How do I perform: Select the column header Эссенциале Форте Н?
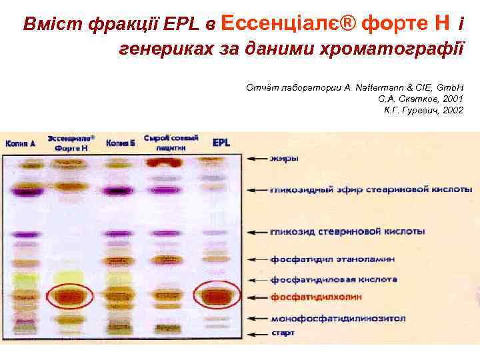click(x=71, y=143)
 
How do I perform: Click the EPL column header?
click(x=221, y=143)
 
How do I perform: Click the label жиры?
click(x=284, y=159)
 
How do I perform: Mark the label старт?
click(x=283, y=332)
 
